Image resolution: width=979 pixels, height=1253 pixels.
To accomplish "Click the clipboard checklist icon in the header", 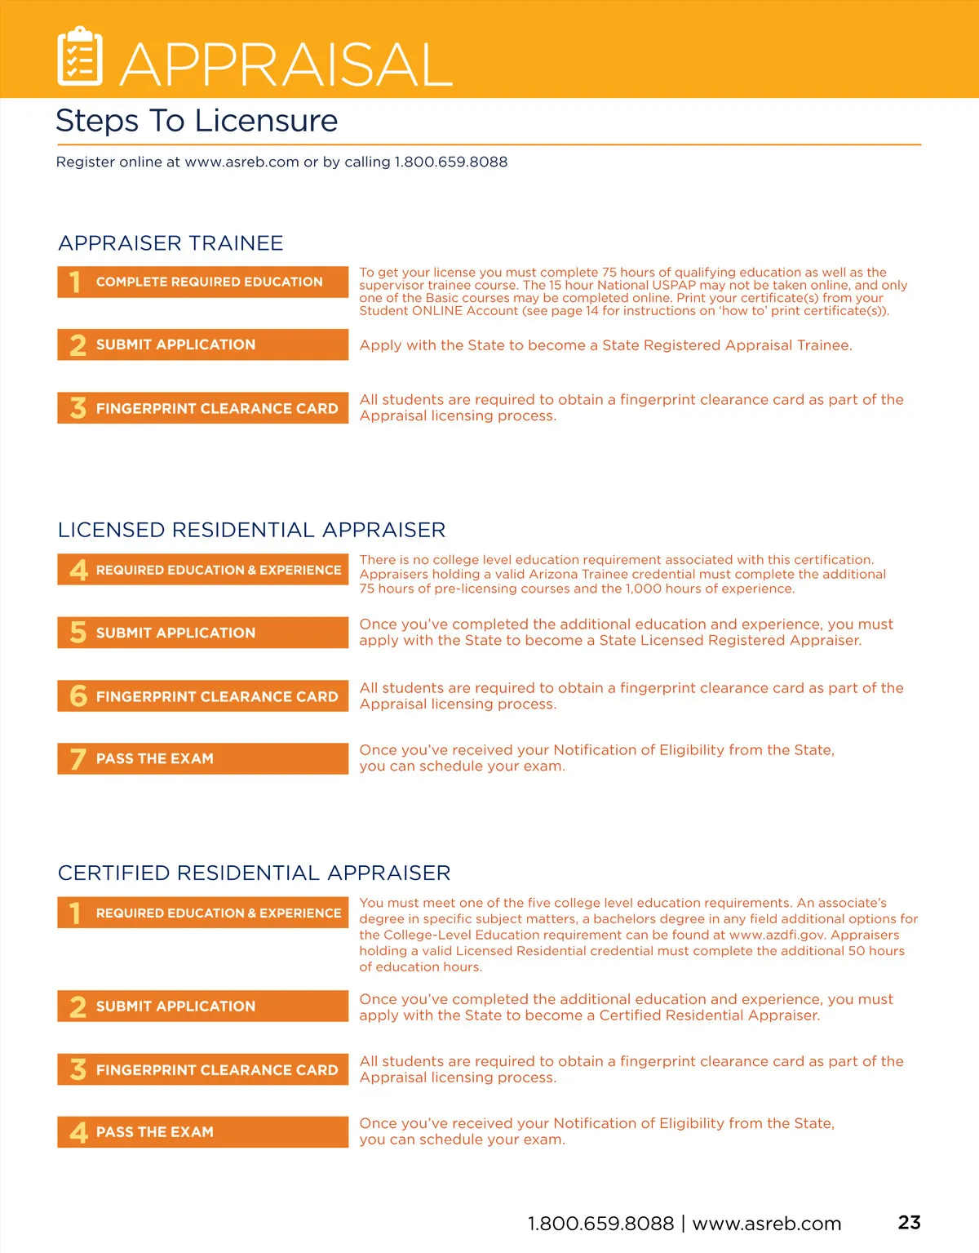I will [80, 56].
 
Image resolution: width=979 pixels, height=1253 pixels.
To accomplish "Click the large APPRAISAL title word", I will [286, 64].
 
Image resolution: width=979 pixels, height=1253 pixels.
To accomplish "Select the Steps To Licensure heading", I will [197, 121].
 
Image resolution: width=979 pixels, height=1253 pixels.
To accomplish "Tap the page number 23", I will [909, 1222].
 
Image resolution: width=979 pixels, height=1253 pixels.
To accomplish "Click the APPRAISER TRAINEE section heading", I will [171, 243].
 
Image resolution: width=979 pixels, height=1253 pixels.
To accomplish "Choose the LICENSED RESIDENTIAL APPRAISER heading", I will [251, 531].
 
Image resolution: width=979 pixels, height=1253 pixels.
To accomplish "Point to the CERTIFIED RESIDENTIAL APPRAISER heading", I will [254, 873].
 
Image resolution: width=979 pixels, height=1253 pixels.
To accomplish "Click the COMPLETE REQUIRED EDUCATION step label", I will [209, 282].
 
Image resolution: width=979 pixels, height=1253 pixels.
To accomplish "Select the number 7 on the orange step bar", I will [78, 759].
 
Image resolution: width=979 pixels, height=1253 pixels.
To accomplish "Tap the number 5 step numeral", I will [78, 633].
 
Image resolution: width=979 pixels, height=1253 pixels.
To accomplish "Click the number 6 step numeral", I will [78, 696].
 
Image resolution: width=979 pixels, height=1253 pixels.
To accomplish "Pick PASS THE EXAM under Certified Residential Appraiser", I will [155, 1132].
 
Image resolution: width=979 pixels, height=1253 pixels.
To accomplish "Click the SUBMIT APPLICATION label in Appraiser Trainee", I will [175, 344].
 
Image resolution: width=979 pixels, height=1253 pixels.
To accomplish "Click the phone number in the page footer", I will [600, 1224].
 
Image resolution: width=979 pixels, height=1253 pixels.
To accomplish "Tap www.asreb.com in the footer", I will [766, 1224].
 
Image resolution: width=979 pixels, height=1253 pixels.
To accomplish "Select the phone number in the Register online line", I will [450, 162].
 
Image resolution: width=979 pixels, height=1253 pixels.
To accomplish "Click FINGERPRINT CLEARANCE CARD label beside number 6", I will [216, 696].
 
